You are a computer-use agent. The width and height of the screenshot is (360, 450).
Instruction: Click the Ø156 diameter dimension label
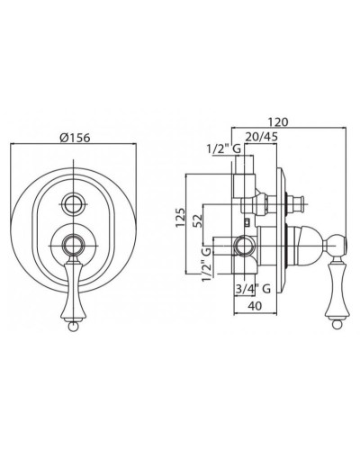(x=75, y=138)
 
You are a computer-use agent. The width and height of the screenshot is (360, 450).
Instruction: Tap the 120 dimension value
(x=278, y=122)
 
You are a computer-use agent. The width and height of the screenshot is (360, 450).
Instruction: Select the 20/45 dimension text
(x=262, y=137)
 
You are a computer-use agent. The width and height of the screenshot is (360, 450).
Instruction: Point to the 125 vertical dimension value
(x=180, y=218)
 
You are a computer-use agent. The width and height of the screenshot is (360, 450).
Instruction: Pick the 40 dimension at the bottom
(x=255, y=306)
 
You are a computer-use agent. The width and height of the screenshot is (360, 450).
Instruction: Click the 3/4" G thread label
(x=253, y=289)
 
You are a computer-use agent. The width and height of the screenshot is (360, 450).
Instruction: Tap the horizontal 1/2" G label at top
(x=224, y=148)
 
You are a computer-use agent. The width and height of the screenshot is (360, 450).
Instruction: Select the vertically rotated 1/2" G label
(x=207, y=265)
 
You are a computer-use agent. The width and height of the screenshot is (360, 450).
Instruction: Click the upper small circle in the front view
(x=74, y=204)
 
